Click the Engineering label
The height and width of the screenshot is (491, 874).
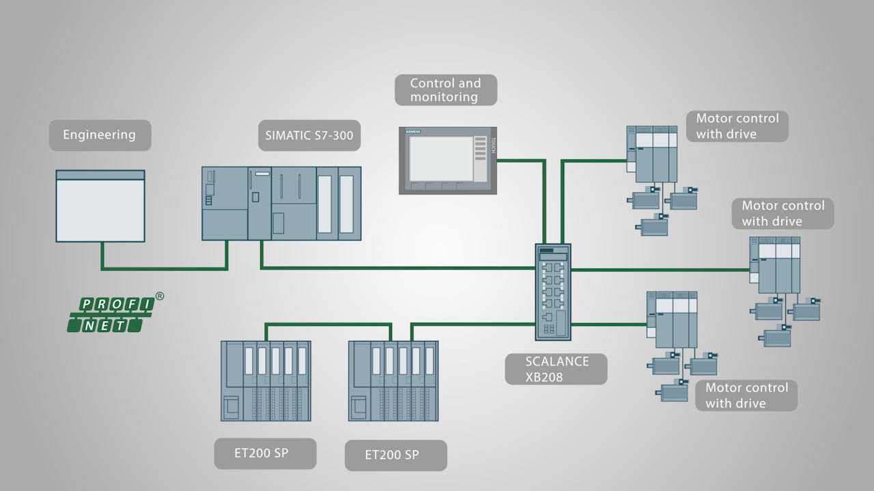coord(100,135)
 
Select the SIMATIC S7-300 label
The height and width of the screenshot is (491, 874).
coord(309,135)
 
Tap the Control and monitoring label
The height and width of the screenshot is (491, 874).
coord(445,90)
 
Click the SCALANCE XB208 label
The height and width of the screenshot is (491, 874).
coord(556,368)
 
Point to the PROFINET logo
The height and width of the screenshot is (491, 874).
coord(111,314)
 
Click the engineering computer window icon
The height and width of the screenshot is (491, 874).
coord(100,206)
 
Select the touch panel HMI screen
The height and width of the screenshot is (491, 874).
coord(440,159)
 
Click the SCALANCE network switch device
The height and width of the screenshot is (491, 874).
coord(553,291)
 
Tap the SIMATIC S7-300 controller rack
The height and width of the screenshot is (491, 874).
coord(281,203)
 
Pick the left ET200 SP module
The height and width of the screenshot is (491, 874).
coord(266,381)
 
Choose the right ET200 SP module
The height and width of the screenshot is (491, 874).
coord(393,381)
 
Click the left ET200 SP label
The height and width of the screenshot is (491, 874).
coord(265,453)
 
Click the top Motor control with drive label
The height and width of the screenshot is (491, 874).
coord(737,126)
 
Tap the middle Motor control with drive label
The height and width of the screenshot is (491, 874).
coord(783,213)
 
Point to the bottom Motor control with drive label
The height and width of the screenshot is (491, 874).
coord(746,396)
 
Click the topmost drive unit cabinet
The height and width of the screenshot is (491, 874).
coord(652,154)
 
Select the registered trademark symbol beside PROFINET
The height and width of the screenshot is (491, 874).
coord(160,296)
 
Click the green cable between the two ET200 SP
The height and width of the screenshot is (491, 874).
coord(328,325)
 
